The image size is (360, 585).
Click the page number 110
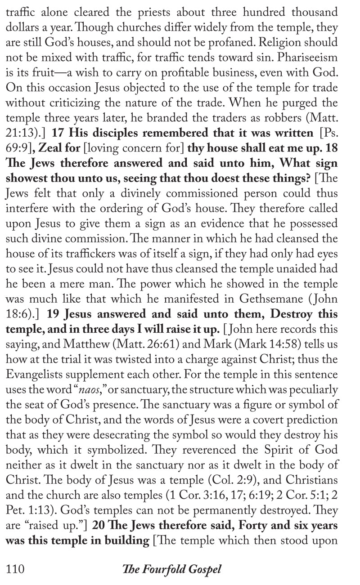point(14,569)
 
